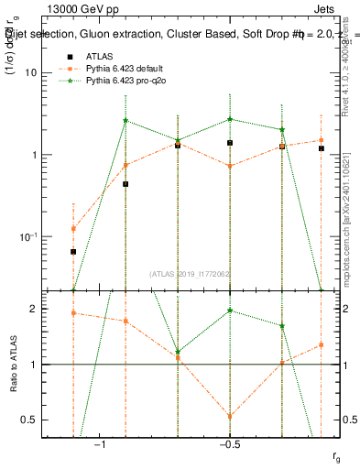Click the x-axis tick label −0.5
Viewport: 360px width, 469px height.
click(230, 444)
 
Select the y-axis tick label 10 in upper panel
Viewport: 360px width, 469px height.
click(51, 72)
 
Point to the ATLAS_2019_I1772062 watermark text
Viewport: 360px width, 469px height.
click(191, 273)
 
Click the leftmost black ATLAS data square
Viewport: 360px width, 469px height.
click(73, 251)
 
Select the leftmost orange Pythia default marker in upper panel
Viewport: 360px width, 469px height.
click(73, 228)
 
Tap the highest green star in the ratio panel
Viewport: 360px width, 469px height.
click(230, 311)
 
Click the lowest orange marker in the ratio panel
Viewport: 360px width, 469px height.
click(230, 416)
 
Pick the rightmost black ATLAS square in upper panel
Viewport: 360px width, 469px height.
click(321, 147)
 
